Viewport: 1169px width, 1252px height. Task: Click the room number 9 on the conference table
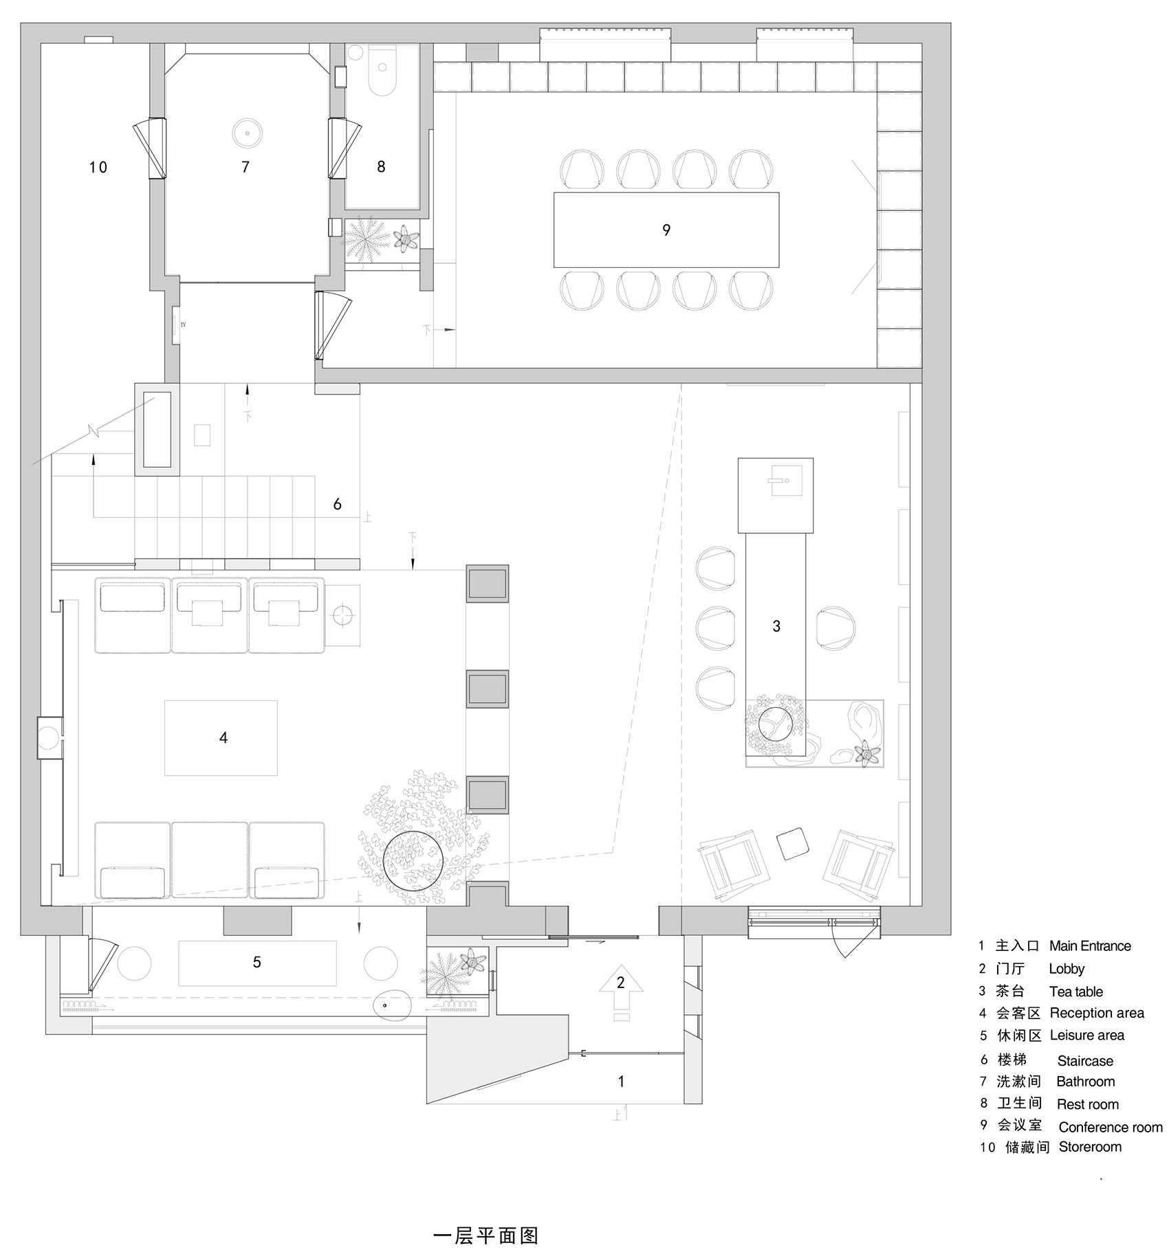coord(666,230)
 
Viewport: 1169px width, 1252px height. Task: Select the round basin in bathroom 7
coord(246,132)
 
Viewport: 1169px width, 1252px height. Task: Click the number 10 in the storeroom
coord(98,167)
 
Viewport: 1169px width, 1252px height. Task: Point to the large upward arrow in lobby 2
coord(620,990)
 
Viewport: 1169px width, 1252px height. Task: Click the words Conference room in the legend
coord(1110,1127)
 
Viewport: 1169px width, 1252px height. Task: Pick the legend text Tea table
coord(1075,992)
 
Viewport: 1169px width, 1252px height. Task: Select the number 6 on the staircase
coord(337,504)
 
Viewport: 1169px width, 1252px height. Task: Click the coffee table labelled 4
coord(221,738)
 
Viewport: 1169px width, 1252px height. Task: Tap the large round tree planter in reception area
coord(413,860)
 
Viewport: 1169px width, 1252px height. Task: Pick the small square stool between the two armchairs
coord(793,843)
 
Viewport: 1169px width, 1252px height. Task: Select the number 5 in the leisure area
coord(256,962)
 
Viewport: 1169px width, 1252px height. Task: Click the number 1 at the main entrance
coord(621,1082)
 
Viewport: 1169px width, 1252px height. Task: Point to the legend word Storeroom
coord(1089,1147)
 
